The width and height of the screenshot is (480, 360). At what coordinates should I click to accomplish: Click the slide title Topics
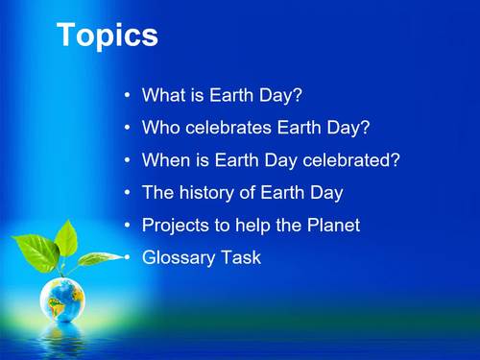[x=108, y=36]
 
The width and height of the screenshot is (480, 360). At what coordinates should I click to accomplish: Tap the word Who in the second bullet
[x=160, y=128]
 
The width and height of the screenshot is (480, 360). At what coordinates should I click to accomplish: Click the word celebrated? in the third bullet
[x=354, y=160]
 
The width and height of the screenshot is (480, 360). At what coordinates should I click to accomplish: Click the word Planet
[x=332, y=226]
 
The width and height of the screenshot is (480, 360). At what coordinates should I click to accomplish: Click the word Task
[x=241, y=258]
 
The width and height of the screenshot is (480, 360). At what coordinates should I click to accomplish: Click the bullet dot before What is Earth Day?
[x=128, y=96]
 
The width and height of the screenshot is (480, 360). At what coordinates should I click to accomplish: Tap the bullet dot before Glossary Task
[x=128, y=258]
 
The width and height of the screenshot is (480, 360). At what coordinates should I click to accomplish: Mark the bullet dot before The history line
[x=128, y=193]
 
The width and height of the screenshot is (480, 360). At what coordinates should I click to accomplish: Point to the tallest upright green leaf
[x=66, y=237]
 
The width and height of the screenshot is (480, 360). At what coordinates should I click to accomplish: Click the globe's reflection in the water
[x=62, y=335]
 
